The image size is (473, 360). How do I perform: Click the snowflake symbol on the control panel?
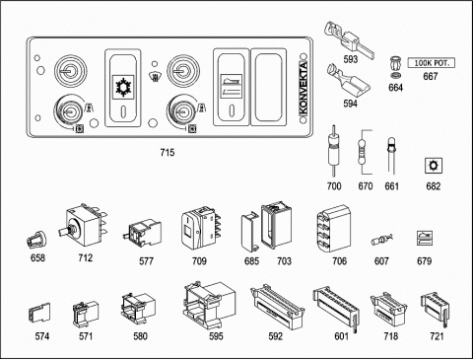[x=124, y=87]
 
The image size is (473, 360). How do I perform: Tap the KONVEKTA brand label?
[x=304, y=88]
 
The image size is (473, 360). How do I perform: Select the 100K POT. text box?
[x=432, y=63]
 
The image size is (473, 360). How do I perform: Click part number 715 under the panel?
[x=168, y=153]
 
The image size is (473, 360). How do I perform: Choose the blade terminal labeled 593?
[x=349, y=38]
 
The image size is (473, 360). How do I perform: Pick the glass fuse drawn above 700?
[x=334, y=150]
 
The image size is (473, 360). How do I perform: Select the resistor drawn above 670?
[x=363, y=152]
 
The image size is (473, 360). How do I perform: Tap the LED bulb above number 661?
[x=391, y=155]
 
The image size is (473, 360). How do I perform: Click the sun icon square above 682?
[x=434, y=166]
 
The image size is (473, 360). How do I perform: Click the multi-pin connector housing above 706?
[x=334, y=229]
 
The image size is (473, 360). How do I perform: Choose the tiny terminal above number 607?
[x=381, y=241]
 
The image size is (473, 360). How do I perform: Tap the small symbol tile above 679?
[x=425, y=239]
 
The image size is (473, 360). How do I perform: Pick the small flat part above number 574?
[x=39, y=313]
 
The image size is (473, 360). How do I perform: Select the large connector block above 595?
[x=209, y=304]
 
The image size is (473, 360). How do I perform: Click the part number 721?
[x=437, y=336]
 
